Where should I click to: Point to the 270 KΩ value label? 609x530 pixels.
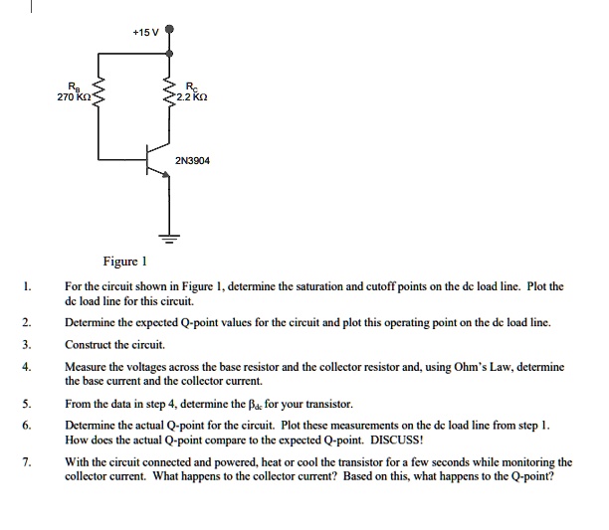(75, 98)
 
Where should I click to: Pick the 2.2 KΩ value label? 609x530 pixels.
(189, 98)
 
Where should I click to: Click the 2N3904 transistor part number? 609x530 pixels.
(192, 159)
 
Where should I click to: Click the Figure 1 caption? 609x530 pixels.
(124, 263)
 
